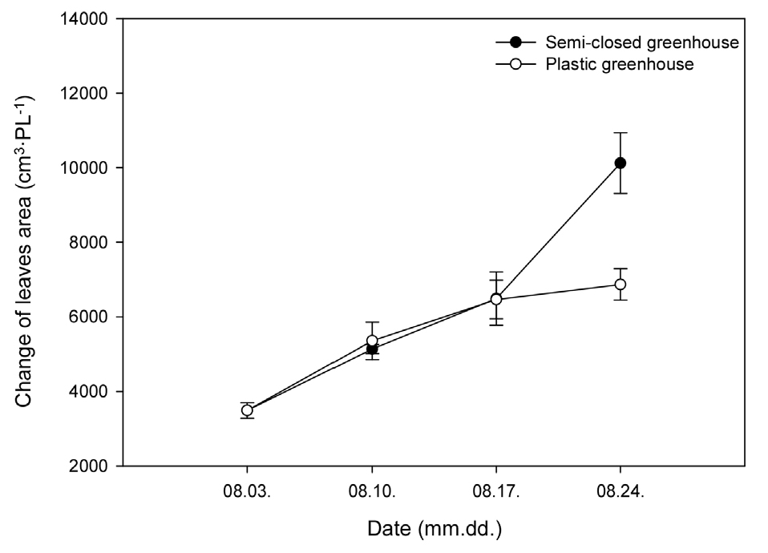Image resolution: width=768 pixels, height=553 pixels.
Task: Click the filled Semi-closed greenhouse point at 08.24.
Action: point(620,163)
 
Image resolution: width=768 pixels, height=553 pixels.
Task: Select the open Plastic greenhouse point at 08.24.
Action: point(620,285)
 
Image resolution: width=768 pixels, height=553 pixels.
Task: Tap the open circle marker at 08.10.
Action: point(372,341)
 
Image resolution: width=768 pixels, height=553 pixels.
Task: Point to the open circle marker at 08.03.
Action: point(247,410)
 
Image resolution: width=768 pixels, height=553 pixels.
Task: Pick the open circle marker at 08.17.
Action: point(496,299)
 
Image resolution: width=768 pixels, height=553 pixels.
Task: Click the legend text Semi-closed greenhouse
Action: point(641,42)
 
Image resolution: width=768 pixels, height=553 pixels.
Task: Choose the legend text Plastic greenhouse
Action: point(619,65)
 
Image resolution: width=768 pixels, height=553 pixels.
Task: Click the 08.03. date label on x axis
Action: point(247,491)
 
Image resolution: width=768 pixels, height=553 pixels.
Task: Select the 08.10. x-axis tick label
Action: point(372,491)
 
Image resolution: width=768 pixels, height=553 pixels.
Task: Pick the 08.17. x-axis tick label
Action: point(496,491)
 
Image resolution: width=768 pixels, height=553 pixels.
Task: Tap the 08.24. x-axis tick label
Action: point(620,491)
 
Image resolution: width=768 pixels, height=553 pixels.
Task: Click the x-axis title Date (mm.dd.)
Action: point(435,530)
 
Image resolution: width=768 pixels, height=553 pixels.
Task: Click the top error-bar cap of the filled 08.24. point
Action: point(620,133)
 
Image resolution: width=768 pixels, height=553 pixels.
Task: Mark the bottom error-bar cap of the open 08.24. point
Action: point(620,300)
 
